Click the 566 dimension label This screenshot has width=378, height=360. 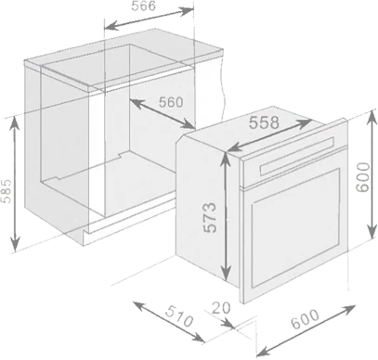coord(143,6)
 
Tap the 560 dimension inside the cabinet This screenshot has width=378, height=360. coord(171,102)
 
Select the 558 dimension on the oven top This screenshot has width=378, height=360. coord(264,122)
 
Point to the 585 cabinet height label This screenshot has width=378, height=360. coord(7,190)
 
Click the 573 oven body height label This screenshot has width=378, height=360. coord(210,217)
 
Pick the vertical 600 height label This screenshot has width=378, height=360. coord(363,177)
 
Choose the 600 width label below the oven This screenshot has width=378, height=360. coord(306,319)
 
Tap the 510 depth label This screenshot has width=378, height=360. coord(179,316)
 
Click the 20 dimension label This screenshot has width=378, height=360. coord(221,308)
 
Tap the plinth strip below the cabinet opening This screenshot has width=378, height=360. coord(130,221)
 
